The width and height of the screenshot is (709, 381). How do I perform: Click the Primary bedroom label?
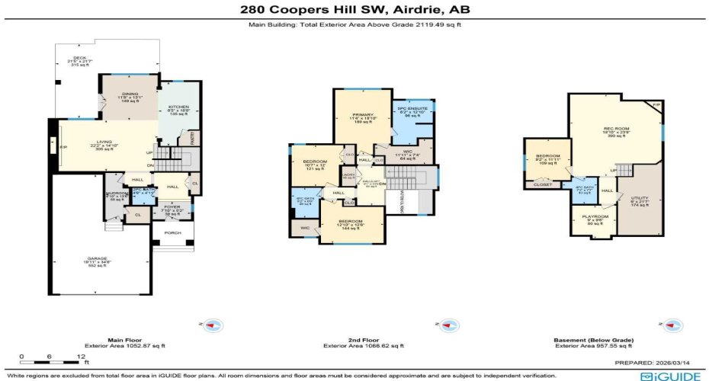click(361, 114)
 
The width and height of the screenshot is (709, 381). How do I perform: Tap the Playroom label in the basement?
click(595, 216)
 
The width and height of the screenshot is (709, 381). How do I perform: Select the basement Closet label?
click(543, 184)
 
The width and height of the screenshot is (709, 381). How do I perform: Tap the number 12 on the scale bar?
click(79, 356)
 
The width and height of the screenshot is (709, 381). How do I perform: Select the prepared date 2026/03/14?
click(683, 363)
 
